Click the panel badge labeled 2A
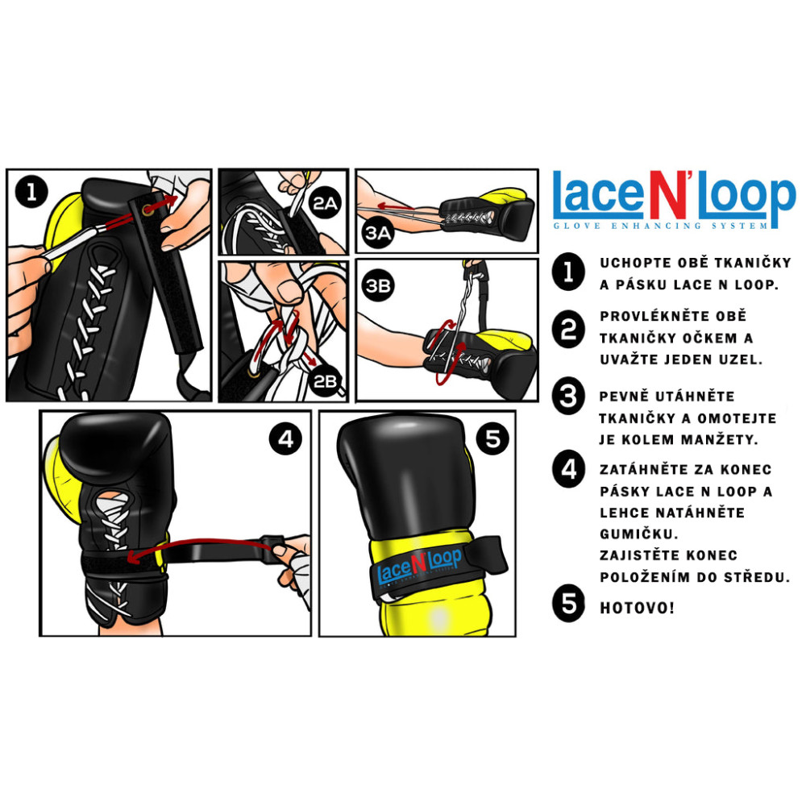(326, 204)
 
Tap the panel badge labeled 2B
(325, 381)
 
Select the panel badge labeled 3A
(378, 233)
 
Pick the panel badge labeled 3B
(378, 285)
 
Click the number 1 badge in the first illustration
(31, 193)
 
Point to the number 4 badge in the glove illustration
(286, 438)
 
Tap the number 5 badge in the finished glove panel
(492, 438)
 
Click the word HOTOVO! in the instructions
(637, 608)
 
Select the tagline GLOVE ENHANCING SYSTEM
(661, 226)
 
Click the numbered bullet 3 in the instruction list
(568, 397)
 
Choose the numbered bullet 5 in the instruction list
(568, 603)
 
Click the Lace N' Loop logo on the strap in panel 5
(419, 566)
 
